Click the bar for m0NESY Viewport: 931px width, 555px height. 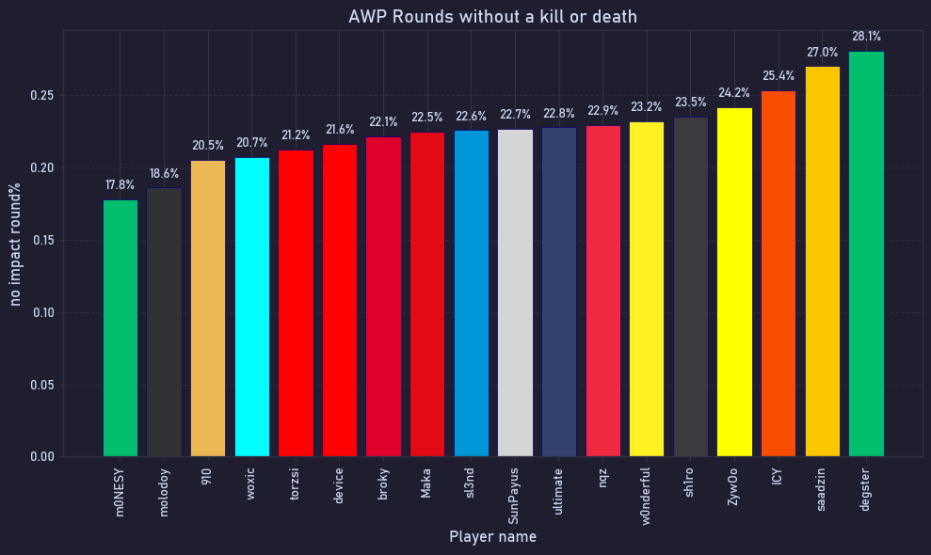pos(120,328)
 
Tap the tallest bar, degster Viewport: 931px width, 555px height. pos(866,254)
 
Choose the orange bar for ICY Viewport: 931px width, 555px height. pos(779,274)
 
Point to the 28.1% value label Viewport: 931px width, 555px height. pos(866,37)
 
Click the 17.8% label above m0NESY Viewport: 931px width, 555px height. pos(120,185)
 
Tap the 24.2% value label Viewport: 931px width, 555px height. pos(734,93)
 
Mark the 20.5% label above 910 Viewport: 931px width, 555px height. pos(208,146)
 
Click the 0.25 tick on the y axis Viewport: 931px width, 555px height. pos(41,96)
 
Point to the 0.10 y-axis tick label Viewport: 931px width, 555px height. pos(41,313)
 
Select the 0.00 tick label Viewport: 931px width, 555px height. pos(41,457)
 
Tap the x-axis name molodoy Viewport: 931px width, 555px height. pos(165,492)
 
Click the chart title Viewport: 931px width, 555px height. pos(492,17)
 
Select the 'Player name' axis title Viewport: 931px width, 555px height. pos(492,537)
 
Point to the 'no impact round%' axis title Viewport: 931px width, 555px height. pos(15,244)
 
